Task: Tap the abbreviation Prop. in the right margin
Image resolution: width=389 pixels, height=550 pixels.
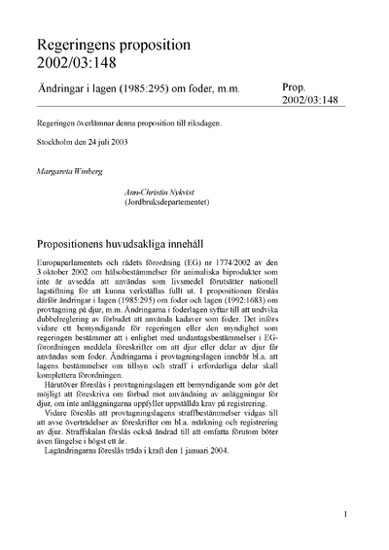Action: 297,86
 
